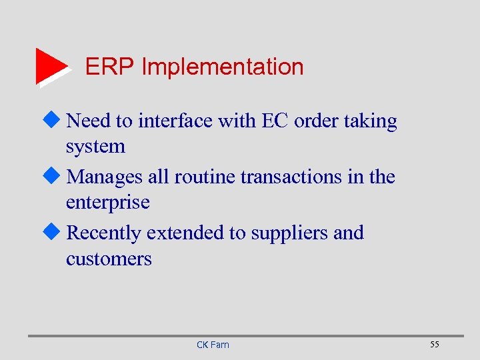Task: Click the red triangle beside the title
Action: pyautogui.click(x=50, y=66)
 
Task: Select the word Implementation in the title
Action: pyautogui.click(x=223, y=67)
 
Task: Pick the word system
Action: pyautogui.click(x=95, y=147)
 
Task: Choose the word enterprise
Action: pyautogui.click(x=108, y=203)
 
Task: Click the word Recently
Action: pyautogui.click(x=105, y=233)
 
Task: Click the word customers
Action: pyautogui.click(x=109, y=259)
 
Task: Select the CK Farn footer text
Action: pyautogui.click(x=213, y=345)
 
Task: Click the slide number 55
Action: pyautogui.click(x=434, y=344)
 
